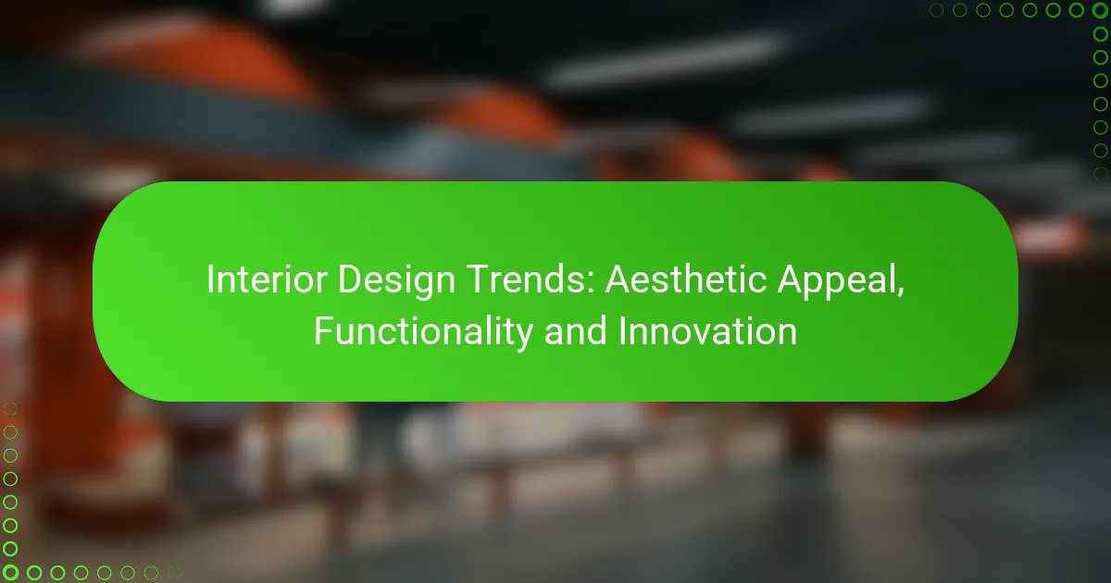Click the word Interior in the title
pos(267,279)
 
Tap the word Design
pos(396,280)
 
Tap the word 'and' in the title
pos(575,331)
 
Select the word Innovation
pos(707,331)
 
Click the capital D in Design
pos(350,279)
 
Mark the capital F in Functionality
pos(324,330)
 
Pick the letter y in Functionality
pos(524,337)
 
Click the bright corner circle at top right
pos(1100,10)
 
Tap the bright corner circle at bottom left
pos(10,573)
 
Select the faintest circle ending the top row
pos(936,10)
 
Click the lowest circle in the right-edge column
pos(1100,174)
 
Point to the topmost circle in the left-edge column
pos(10,409)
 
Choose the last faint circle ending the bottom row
pos(174,573)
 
